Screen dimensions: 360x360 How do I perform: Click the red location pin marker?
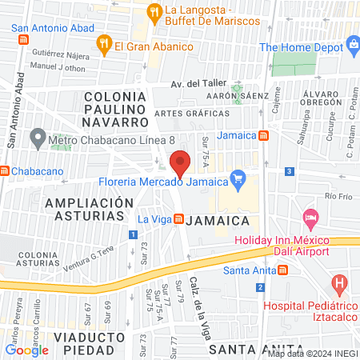pyautogui.click(x=180, y=163)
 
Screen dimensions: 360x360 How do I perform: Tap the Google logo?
pyautogui.click(x=26, y=350)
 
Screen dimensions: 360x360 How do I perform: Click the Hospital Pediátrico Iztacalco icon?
pyautogui.click(x=340, y=283)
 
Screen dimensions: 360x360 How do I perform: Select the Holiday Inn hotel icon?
pyautogui.click(x=310, y=218)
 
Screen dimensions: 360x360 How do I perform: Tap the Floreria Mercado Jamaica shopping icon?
pyautogui.click(x=237, y=178)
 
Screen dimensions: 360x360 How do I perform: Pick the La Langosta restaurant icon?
pyautogui.click(x=154, y=11)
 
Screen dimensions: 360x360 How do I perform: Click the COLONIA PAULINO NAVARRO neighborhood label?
pyautogui.click(x=116, y=109)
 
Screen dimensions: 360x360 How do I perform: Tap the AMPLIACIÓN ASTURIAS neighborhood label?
pyautogui.click(x=89, y=209)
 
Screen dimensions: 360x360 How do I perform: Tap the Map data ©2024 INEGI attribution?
pyautogui.click(x=313, y=354)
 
